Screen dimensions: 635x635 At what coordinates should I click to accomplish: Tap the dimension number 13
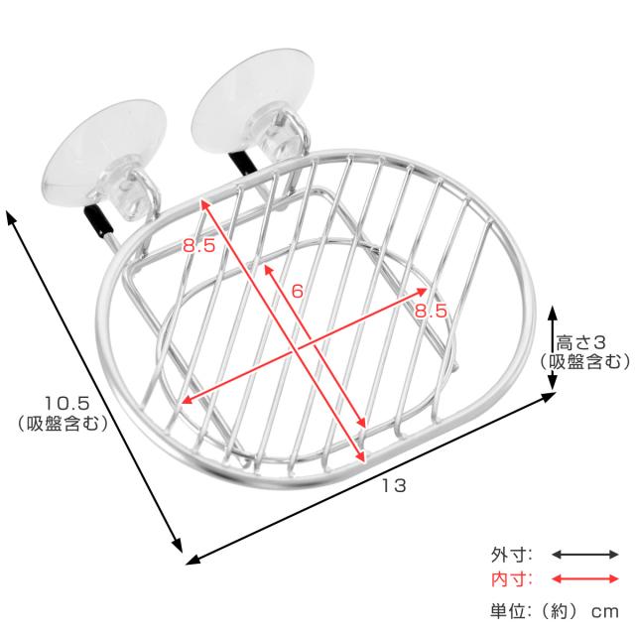coord(394,485)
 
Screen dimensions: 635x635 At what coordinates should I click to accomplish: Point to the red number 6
coord(297,291)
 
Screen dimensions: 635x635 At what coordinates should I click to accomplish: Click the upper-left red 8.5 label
coord(198,246)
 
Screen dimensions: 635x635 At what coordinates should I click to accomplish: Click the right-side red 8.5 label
coord(431,311)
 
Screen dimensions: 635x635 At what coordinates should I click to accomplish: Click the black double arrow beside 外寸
coord(584,555)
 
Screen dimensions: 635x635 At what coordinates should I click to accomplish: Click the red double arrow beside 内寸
coord(584,579)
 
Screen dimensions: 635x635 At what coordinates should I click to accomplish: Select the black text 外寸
coord(512,555)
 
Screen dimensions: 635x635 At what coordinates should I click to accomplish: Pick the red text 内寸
coord(512,579)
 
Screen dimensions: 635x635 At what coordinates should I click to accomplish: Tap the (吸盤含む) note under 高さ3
coord(584,361)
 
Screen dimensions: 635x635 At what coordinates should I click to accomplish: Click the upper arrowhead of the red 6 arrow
coord(267,268)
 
